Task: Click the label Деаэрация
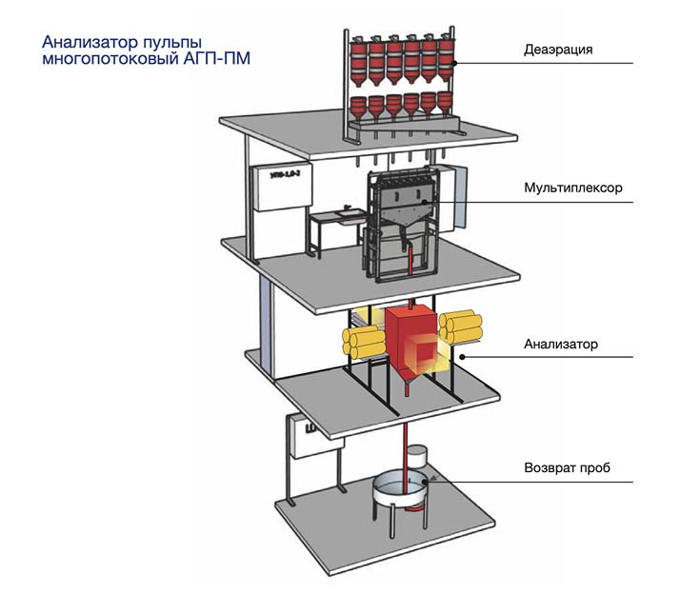558,50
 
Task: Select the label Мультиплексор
571,188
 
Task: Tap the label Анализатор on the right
561,344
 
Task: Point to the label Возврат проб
567,467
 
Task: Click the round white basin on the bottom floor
399,491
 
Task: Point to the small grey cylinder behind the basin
421,462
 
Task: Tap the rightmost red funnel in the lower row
443,104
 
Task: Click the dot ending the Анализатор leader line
460,356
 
